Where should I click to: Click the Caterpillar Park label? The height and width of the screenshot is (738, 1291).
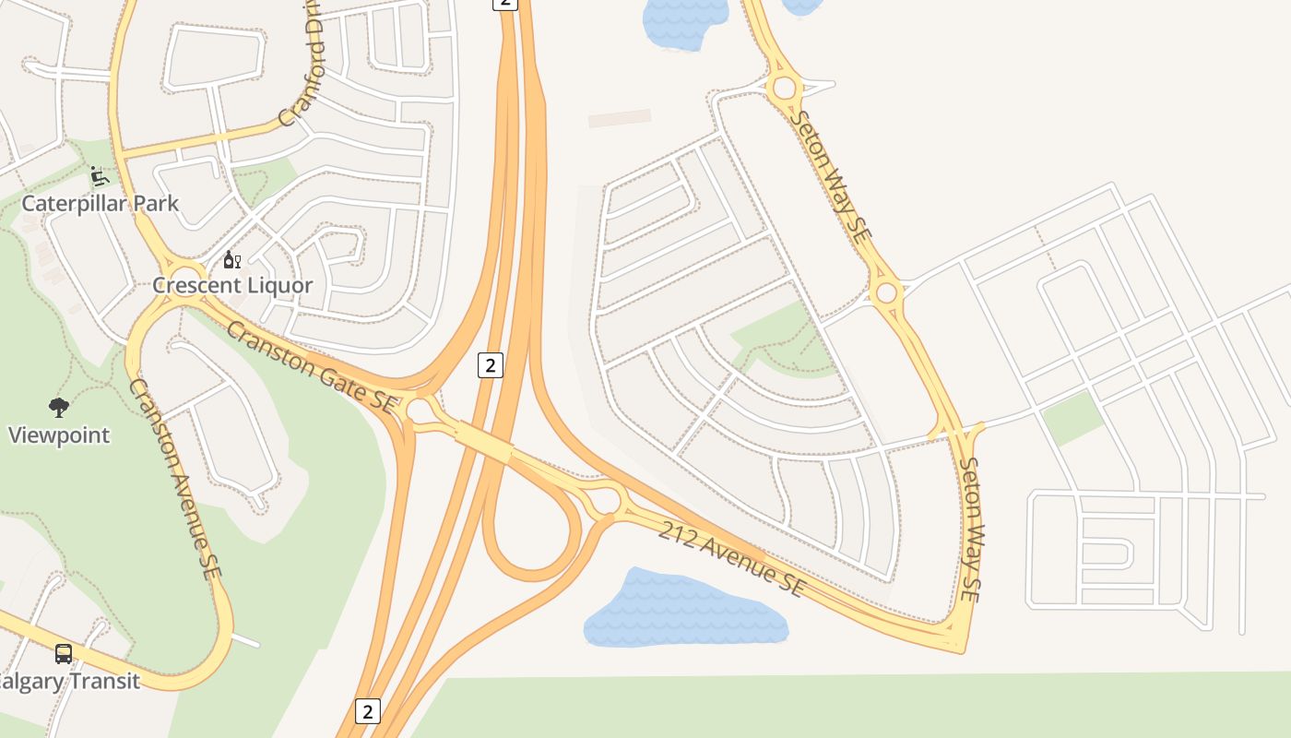100,203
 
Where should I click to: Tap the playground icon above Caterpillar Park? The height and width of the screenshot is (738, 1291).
100,175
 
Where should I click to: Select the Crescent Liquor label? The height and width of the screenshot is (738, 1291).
232,285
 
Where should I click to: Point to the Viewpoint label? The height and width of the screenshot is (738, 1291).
59,434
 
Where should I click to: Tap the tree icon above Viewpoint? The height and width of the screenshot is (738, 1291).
59,407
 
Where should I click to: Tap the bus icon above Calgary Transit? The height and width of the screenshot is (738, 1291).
64,654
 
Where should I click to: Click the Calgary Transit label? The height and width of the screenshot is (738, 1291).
70,682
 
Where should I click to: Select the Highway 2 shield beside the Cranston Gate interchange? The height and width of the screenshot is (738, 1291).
491,364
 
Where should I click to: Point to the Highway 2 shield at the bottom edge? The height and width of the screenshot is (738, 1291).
367,711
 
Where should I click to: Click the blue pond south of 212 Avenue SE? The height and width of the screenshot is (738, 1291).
685,609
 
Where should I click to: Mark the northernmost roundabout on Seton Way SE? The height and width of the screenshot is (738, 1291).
784,89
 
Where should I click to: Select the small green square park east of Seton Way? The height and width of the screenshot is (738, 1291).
1072,417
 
